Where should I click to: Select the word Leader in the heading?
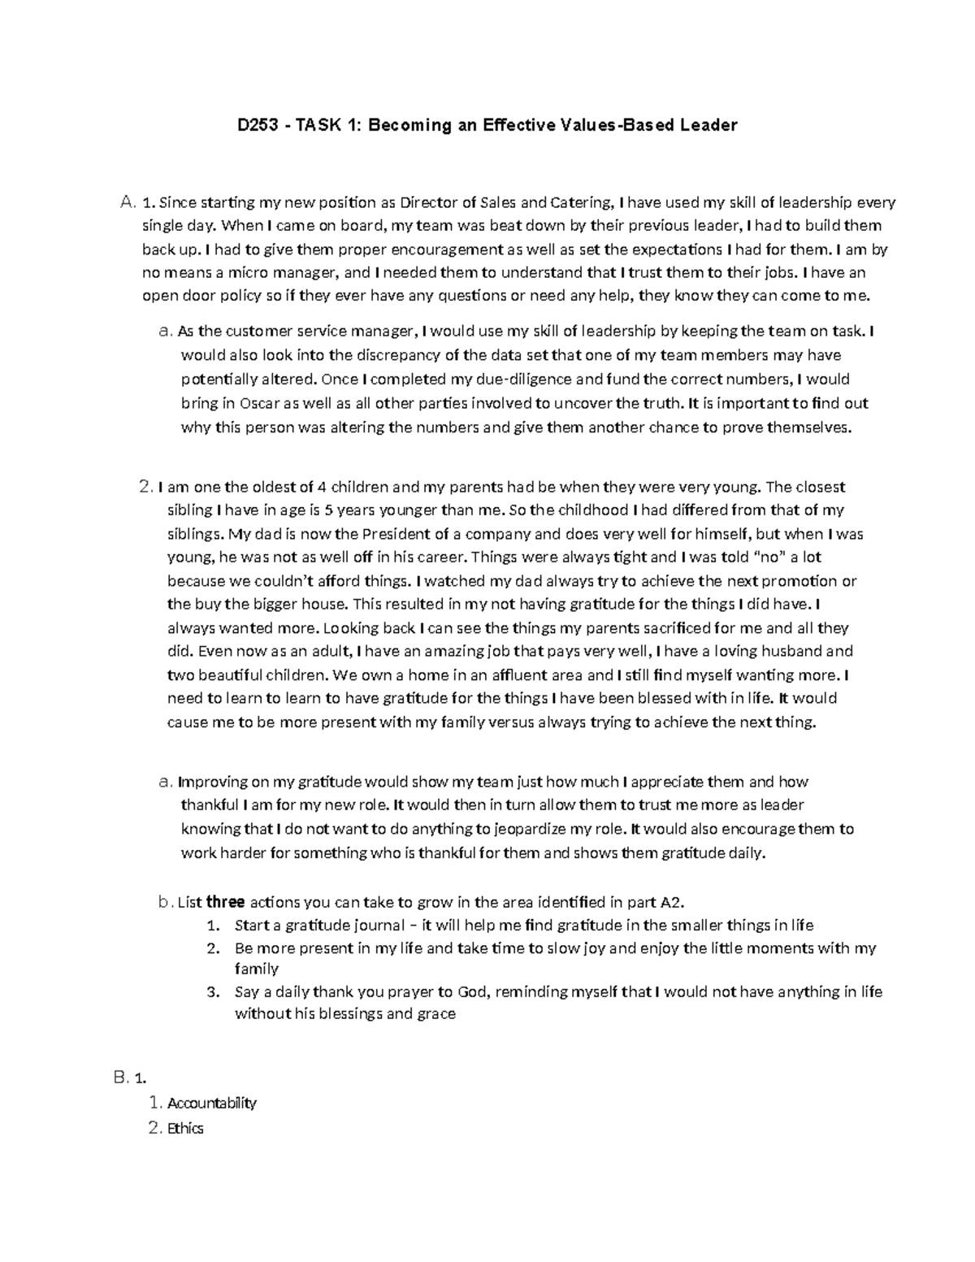point(708,125)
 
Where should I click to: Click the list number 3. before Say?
point(214,992)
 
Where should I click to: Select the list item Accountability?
point(211,1103)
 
